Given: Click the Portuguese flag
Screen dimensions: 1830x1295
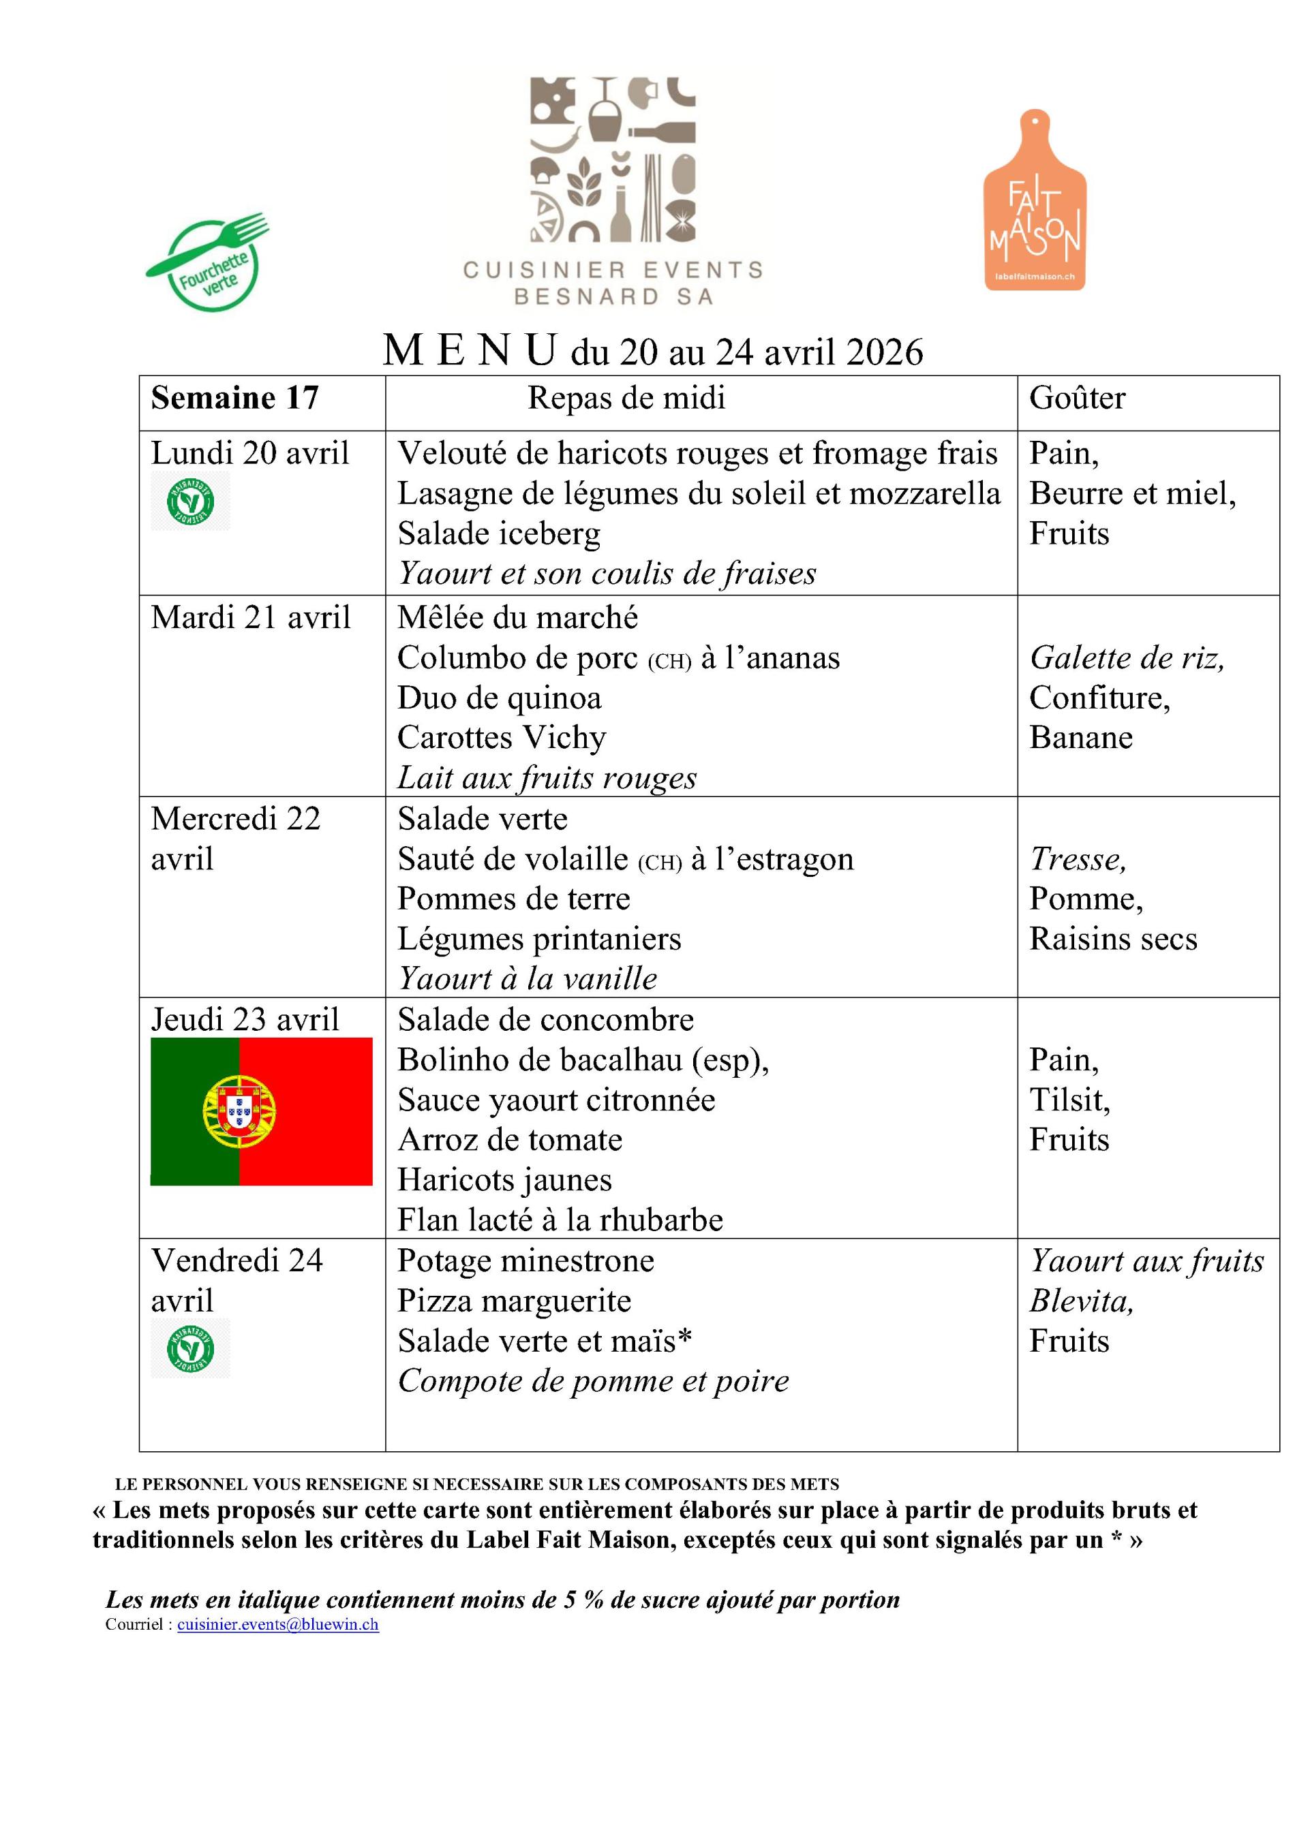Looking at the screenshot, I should [261, 1111].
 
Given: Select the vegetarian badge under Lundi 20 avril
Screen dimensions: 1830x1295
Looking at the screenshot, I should [191, 501].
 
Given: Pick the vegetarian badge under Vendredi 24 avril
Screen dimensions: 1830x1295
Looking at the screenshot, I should [191, 1348].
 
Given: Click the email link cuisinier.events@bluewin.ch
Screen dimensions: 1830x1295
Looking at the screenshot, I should [277, 1624].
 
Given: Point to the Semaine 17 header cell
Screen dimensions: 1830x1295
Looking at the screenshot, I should [234, 398].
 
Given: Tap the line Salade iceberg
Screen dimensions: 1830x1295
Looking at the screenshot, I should [498, 533].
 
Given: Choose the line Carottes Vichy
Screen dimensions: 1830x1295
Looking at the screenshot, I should [502, 737].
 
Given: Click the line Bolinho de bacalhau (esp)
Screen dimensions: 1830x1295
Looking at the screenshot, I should [583, 1059].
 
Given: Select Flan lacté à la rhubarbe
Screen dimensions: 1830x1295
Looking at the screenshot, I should [560, 1220].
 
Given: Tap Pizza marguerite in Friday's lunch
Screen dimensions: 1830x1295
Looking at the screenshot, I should [515, 1301].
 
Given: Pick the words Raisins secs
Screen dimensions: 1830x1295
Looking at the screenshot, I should [1113, 938].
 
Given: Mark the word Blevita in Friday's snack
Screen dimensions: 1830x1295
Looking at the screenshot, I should [1080, 1301].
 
